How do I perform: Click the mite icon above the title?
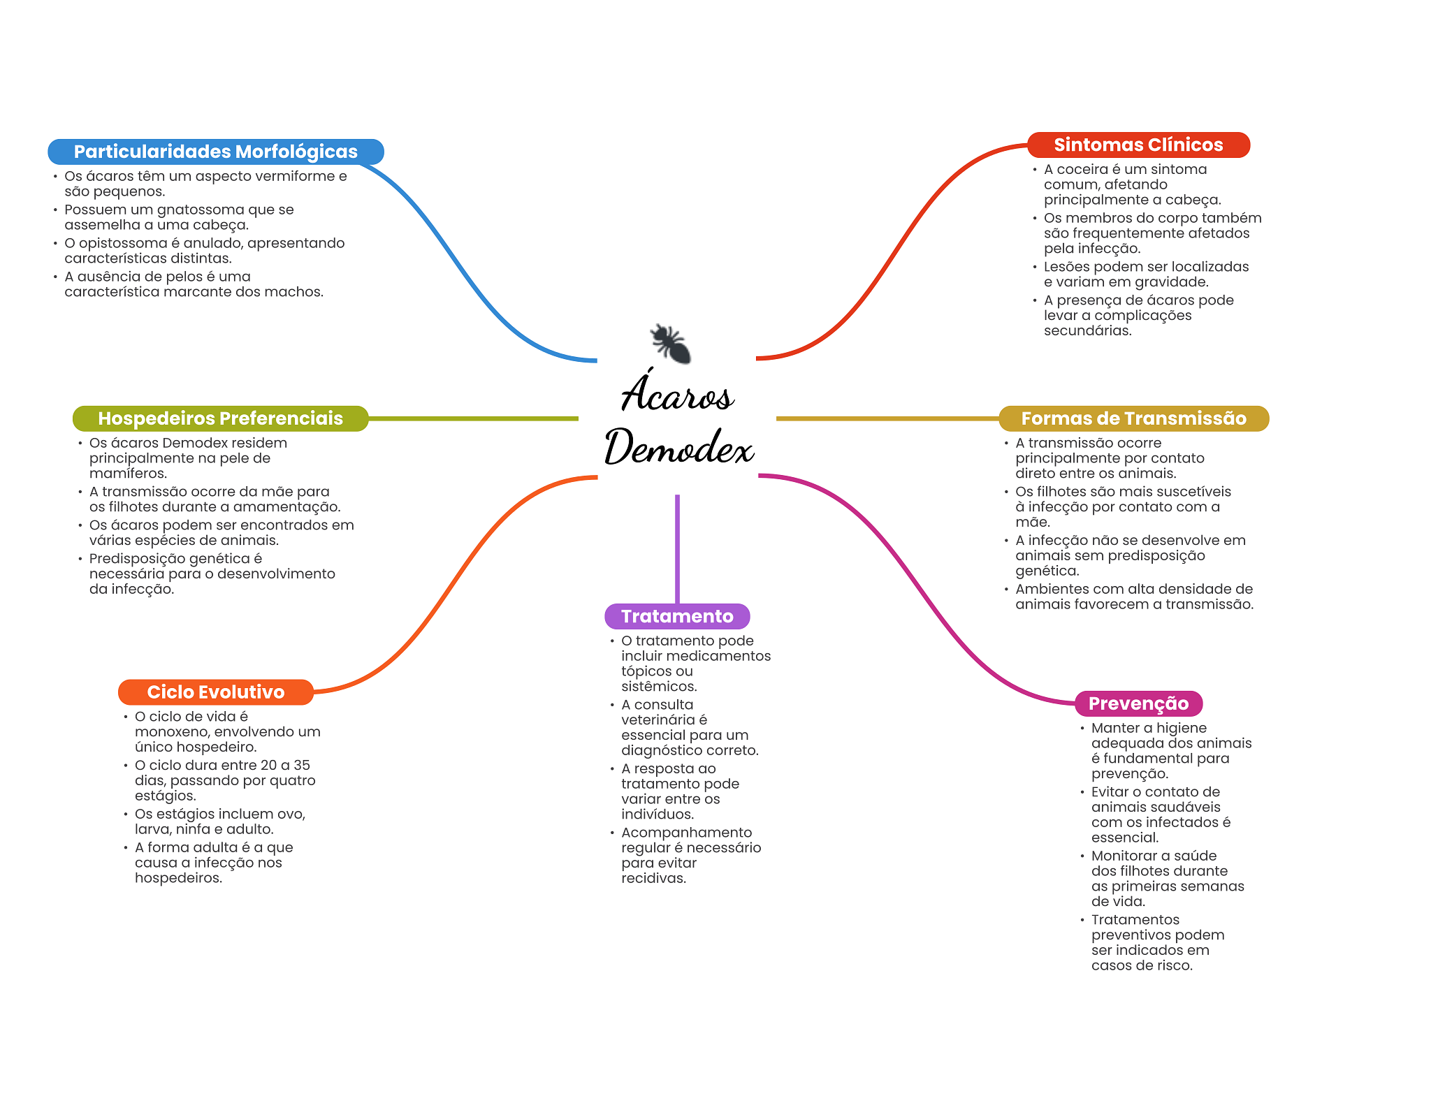670,343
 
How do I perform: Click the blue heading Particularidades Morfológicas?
215,152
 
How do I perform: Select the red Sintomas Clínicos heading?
1138,145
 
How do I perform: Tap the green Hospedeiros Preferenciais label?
220,418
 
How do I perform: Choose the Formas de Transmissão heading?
1133,418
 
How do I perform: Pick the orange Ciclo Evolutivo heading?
215,692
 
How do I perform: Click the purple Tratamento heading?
677,616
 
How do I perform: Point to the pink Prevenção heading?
1138,703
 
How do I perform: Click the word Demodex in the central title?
678,447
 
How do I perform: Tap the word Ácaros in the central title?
677,393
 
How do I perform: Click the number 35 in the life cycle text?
301,765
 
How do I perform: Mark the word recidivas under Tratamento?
653,878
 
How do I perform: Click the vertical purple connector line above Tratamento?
677,548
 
